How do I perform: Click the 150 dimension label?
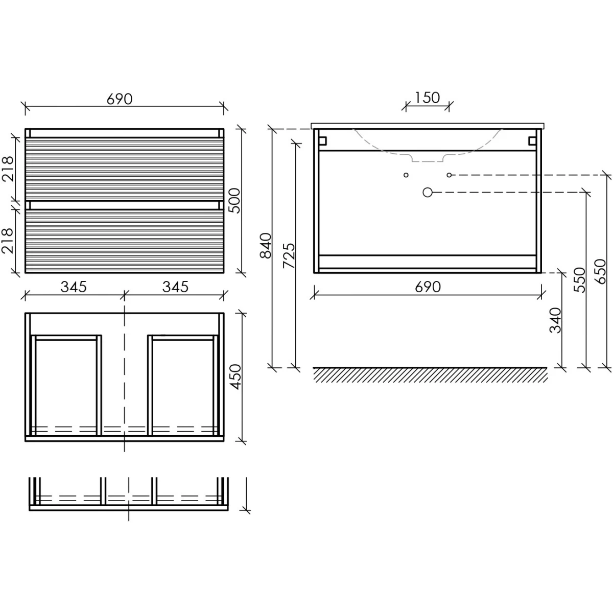pyautogui.click(x=427, y=98)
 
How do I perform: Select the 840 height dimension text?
pyautogui.click(x=266, y=246)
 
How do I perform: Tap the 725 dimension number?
pyautogui.click(x=289, y=255)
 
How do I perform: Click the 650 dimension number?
pyautogui.click(x=600, y=271)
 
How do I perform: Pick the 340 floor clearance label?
pyautogui.click(x=556, y=320)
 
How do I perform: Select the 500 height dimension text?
pyautogui.click(x=235, y=200)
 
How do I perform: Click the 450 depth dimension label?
pyautogui.click(x=236, y=376)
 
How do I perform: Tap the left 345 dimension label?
pyautogui.click(x=74, y=287)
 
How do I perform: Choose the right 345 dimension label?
pyautogui.click(x=175, y=287)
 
